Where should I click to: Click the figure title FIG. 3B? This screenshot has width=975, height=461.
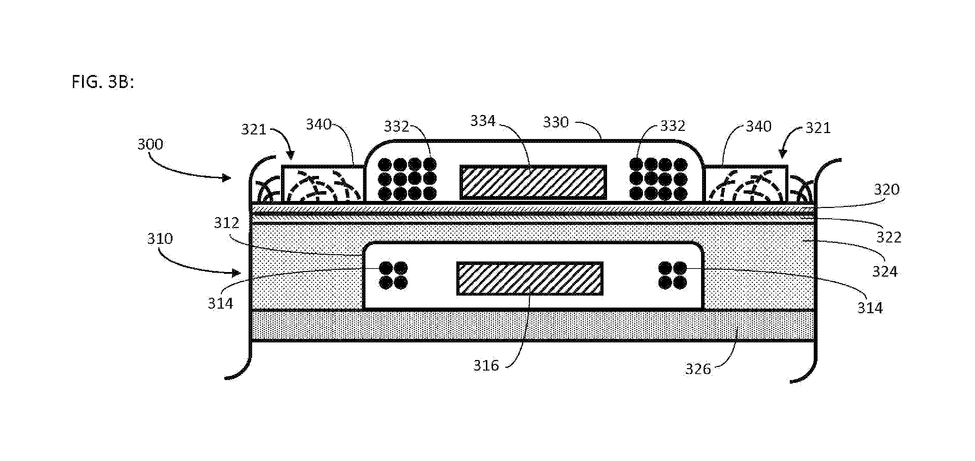coord(102,82)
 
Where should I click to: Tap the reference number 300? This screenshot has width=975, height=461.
coord(150,144)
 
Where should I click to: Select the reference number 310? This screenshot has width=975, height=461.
coord(160,239)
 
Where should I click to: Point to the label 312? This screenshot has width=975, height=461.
coord(226,223)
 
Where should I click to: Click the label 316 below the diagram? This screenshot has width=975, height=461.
coord(486,365)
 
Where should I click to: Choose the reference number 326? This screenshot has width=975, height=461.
coord(698,369)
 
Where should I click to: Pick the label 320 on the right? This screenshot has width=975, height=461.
coord(886,189)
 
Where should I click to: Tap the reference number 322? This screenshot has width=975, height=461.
coord(889,237)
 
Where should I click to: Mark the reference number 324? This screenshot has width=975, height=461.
coord(885,271)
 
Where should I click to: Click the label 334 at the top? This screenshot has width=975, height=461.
coord(483,121)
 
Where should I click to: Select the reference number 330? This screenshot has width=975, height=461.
coord(556,122)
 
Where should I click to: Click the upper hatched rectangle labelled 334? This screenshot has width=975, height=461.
coord(533,182)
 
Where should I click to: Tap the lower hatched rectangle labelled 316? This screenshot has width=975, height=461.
coord(530,278)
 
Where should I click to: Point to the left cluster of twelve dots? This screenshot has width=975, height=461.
coord(407,179)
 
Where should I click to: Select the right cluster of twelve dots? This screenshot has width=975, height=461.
coord(658,179)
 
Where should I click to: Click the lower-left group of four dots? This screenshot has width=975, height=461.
coord(393,275)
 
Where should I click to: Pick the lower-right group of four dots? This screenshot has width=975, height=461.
coord(673,275)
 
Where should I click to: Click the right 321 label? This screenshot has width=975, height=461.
coord(818,128)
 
